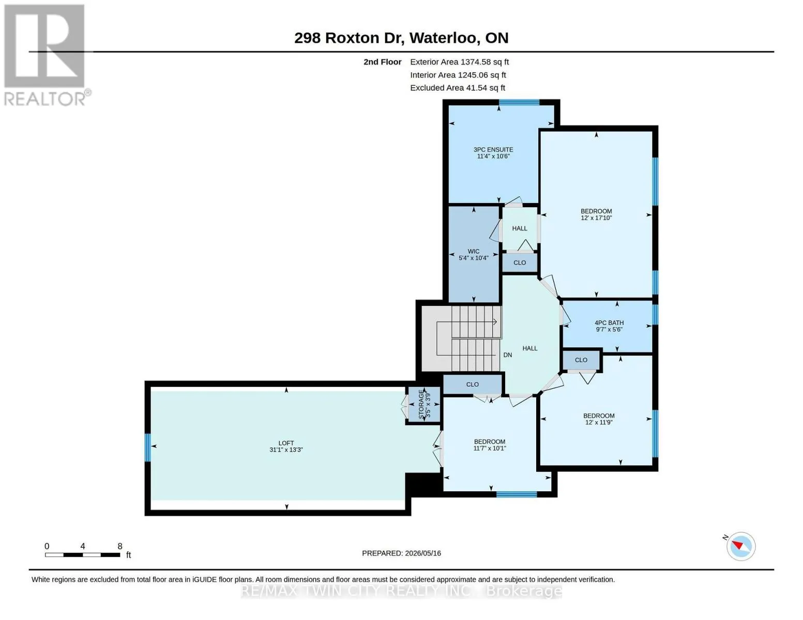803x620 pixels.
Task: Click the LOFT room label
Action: click(286, 443)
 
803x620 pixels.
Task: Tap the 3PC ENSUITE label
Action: click(493, 149)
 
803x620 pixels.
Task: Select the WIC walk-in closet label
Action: click(474, 252)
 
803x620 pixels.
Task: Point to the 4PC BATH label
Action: click(609, 323)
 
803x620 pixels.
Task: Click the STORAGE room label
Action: click(421, 405)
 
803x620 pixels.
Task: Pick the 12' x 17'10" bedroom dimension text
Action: click(596, 218)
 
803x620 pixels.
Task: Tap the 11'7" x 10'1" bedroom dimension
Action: click(490, 448)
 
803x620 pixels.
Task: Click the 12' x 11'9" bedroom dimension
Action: click(599, 422)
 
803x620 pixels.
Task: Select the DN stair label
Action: click(507, 355)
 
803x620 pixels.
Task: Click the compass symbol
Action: click(740, 546)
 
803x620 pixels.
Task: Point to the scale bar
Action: click(82, 554)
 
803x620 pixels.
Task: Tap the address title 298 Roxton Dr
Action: click(349, 38)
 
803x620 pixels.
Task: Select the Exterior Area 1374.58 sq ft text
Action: click(459, 62)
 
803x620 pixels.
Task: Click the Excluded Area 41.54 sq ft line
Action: click(458, 88)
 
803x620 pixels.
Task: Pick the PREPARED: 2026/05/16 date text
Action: click(401, 553)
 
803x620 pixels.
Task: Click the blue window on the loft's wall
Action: click(147, 447)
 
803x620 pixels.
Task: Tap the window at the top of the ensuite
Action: click(519, 102)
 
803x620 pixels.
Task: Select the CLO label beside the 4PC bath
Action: click(581, 360)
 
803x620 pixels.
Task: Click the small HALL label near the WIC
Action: click(520, 228)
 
